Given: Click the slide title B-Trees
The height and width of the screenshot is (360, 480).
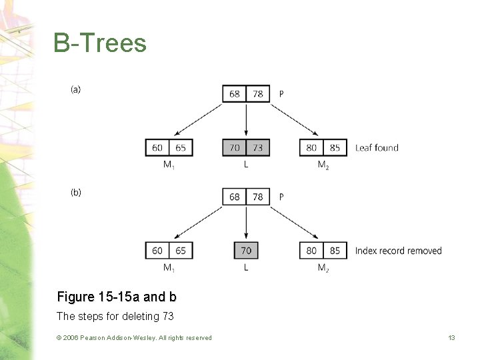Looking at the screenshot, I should tap(100, 43).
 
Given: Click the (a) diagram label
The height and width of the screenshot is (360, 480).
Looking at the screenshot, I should tap(76, 89).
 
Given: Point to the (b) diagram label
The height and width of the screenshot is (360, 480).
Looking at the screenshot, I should tap(76, 193).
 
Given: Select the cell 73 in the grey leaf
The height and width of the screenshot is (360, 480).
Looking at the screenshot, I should tap(257, 147).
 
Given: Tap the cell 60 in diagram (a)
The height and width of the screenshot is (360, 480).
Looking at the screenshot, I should tap(157, 147).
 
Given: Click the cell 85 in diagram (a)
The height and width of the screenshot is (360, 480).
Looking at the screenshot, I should tap(335, 147).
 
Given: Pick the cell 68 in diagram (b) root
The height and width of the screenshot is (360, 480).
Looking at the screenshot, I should tap(235, 197).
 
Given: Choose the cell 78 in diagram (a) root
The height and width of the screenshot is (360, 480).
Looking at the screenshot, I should tap(257, 94).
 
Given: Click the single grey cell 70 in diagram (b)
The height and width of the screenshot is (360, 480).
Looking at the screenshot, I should tap(246, 251).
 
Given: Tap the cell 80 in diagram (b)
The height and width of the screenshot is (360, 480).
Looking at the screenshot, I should tap(311, 251).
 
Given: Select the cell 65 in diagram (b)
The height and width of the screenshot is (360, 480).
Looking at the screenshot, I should tap(181, 251).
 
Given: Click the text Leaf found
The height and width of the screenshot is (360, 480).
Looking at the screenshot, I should tap(377, 147).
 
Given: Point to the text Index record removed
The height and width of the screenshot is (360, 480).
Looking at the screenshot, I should tap(398, 251).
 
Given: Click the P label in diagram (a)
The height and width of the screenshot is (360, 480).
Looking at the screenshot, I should tap(281, 94).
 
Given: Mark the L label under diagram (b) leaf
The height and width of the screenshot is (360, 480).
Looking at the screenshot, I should tap(246, 267).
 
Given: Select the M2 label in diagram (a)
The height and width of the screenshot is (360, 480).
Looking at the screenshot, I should tap(323, 165).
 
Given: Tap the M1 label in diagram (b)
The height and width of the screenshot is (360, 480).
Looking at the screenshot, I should tap(169, 268).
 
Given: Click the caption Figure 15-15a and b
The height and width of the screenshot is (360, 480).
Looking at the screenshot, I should tap(117, 297).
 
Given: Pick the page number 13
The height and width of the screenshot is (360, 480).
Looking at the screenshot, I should tap(451, 338).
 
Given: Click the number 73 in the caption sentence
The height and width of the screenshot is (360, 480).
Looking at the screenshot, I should tap(167, 316).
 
